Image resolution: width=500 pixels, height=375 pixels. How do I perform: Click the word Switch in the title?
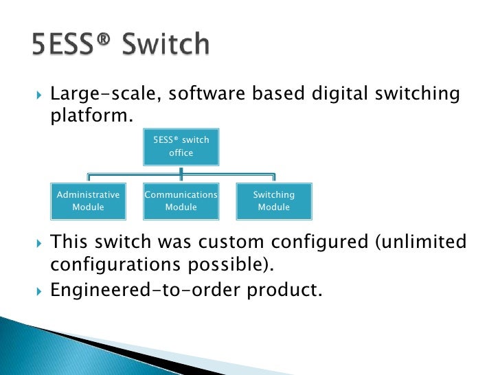[166, 45]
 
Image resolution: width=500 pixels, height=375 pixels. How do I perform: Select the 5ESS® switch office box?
[181, 146]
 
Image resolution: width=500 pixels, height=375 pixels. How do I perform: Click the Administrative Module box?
[88, 201]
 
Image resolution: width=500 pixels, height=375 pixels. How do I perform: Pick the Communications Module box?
[181, 201]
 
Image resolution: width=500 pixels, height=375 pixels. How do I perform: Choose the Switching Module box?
[274, 201]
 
